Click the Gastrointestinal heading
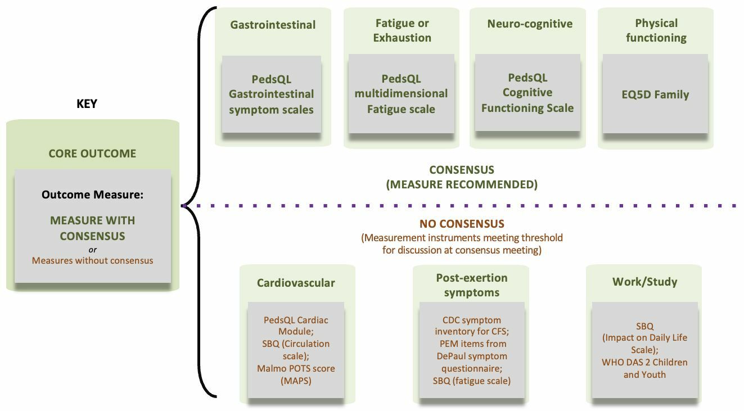point(273,25)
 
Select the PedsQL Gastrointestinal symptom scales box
point(271,94)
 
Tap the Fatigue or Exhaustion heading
point(402,30)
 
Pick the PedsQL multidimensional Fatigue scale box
point(401,94)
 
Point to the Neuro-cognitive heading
point(530,24)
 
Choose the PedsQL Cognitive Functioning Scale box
point(527,93)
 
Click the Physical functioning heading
point(656,30)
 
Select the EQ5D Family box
point(655,94)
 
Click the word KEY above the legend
point(87,104)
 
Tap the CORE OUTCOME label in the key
point(92,153)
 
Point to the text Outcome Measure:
point(92,195)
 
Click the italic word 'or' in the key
point(92,250)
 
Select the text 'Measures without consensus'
point(92,260)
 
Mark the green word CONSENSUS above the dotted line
point(462,169)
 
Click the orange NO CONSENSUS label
point(462,224)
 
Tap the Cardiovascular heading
point(296,283)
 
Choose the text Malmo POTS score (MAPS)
point(296,374)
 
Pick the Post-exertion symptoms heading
point(471,285)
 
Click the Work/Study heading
point(644,282)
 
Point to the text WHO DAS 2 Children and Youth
point(644,368)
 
